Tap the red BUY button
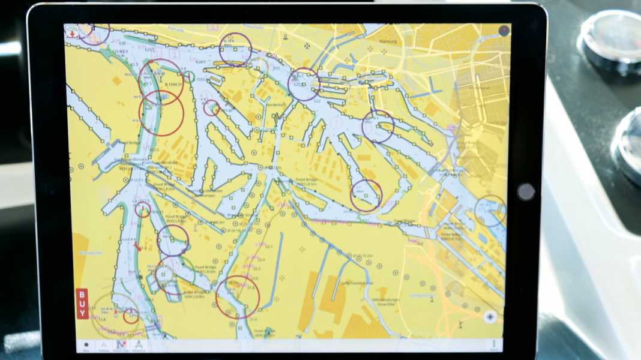[x=82, y=304]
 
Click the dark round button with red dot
[x=504, y=30]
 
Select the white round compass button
[x=490, y=317]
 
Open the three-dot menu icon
[x=495, y=344]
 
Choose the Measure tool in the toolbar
[x=139, y=346]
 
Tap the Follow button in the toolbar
[x=103, y=346]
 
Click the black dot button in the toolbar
[x=86, y=346]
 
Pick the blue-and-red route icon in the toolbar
[x=121, y=346]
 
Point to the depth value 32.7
[x=268, y=247]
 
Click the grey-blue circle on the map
[x=490, y=211]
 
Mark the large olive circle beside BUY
[x=114, y=316]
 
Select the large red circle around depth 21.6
[x=238, y=296]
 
